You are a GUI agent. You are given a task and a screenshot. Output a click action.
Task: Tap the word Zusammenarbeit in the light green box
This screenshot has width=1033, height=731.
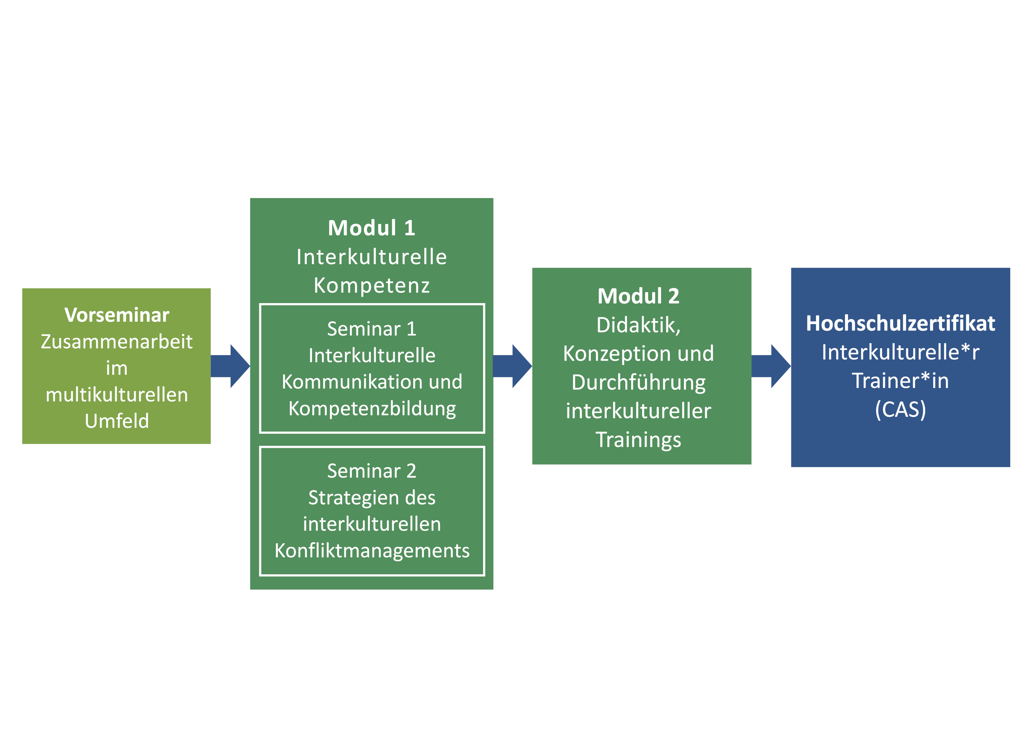click(116, 342)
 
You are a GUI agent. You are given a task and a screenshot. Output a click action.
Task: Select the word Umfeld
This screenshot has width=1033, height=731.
click(116, 421)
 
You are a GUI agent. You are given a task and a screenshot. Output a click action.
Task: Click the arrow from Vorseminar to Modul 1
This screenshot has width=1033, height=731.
click(230, 366)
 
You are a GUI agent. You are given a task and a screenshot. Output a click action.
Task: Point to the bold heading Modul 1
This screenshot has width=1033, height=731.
click(372, 228)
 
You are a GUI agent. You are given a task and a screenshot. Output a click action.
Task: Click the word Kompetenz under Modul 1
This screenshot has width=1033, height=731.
click(372, 285)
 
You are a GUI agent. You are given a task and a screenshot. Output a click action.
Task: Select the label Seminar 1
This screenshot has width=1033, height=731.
click(372, 329)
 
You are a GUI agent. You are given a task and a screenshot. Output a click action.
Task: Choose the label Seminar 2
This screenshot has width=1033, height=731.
click(372, 471)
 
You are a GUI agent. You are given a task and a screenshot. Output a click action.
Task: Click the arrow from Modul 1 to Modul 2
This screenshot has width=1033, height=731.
click(512, 366)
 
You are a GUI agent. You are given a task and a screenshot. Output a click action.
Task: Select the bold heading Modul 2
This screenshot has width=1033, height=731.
click(638, 296)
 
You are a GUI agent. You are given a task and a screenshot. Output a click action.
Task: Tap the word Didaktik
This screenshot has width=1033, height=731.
click(638, 325)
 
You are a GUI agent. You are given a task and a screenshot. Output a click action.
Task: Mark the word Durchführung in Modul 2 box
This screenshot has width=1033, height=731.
click(638, 383)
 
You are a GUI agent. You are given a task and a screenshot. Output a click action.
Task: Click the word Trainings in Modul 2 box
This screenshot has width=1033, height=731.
click(638, 440)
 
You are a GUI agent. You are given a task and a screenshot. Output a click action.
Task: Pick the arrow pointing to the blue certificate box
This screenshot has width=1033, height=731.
click(771, 366)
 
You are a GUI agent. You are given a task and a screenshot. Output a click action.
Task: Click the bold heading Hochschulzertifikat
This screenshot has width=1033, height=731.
click(900, 323)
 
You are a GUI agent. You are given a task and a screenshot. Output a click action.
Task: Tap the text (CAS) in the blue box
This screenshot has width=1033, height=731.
click(900, 410)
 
